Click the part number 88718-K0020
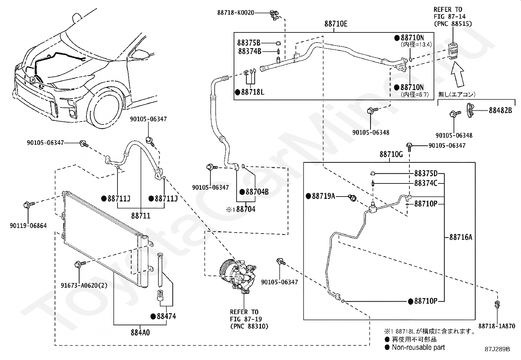(x=236, y=12)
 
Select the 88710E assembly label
(x=336, y=24)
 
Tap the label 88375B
(x=249, y=43)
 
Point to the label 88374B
(x=250, y=51)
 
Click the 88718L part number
(x=253, y=92)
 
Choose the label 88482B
(x=500, y=110)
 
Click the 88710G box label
(x=391, y=154)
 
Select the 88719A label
(x=324, y=196)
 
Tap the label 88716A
(x=461, y=237)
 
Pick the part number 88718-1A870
(x=497, y=326)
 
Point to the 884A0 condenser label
(x=140, y=332)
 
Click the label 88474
(x=167, y=316)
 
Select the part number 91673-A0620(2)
(x=84, y=286)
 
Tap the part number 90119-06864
(x=28, y=226)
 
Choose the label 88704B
(x=257, y=192)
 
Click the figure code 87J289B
(x=497, y=349)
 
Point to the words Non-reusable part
(x=418, y=348)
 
